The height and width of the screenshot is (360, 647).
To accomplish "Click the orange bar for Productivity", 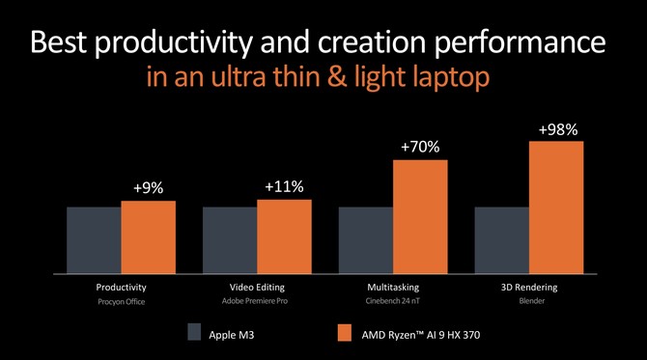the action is point(148,237).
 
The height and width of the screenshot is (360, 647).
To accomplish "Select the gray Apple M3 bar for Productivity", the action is point(94,240).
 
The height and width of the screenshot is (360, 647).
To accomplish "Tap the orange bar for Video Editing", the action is point(284,236).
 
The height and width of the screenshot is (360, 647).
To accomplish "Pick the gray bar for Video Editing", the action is point(230,240).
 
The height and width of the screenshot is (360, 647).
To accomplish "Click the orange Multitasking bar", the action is point(420,217).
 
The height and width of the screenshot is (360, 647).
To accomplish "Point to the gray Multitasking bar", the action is point(366,240).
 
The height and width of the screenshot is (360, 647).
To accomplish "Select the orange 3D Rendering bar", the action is point(556,208).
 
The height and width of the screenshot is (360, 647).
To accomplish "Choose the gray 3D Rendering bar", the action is point(502,240).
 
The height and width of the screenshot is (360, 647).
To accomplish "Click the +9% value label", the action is point(148,188).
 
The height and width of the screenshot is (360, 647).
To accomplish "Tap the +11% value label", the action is point(284,187).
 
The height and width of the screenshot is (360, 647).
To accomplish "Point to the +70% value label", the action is point(420,147).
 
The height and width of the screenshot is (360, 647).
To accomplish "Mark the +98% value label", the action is point(558,130).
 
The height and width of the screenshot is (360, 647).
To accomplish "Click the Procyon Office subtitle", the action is point(122,302).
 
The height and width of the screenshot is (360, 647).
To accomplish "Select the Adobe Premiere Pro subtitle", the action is point(255,301).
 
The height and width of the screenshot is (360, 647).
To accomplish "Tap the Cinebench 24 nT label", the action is point(392,301).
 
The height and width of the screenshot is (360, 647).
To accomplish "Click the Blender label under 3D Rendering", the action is point(532,301).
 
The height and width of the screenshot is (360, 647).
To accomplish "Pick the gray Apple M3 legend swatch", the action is point(194,332).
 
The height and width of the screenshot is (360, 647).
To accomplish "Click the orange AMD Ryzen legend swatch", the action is point(345,332).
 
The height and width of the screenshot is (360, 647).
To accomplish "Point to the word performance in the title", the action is point(520,42).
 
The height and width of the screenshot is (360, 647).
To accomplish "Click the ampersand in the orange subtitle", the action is point(337,77).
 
